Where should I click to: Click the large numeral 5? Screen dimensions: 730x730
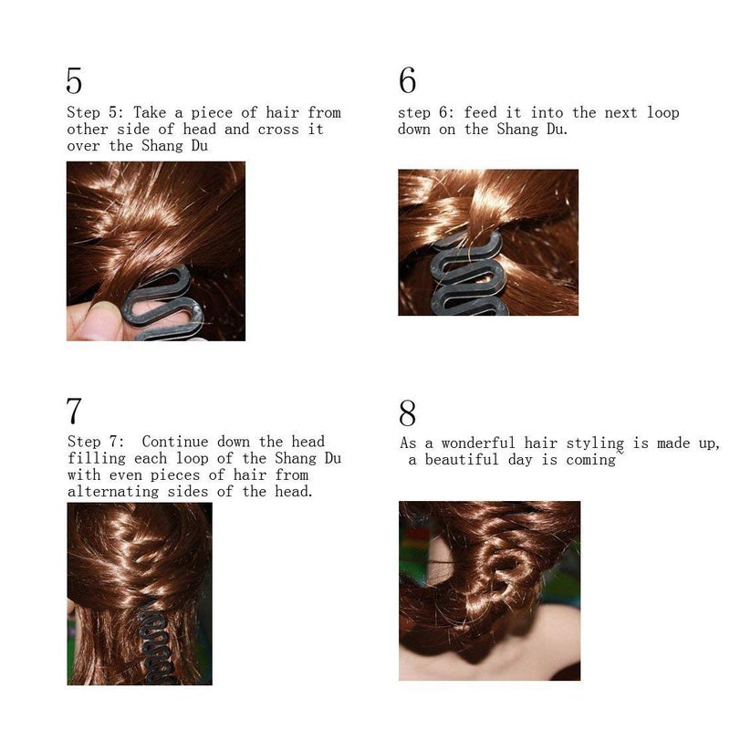tap(74, 81)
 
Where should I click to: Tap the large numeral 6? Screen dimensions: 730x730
tap(407, 81)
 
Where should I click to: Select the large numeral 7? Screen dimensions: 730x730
tap(74, 411)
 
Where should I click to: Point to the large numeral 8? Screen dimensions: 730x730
tap(407, 413)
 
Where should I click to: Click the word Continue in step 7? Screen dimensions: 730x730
tap(174, 443)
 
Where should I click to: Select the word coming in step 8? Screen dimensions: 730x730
tap(591, 460)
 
